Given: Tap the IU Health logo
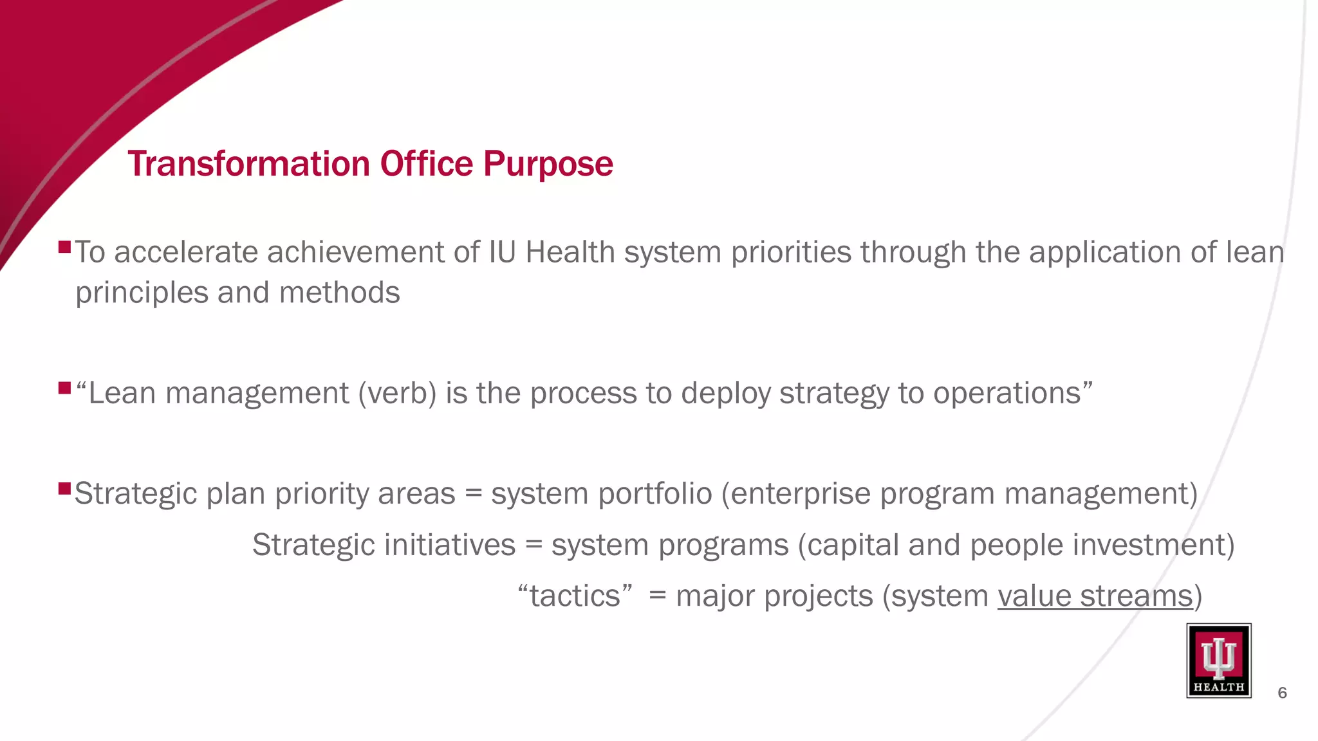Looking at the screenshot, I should [1218, 660].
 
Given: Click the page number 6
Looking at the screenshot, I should [1282, 693].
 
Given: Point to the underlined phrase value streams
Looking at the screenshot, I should [1095, 596].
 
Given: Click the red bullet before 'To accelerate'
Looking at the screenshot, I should [64, 246].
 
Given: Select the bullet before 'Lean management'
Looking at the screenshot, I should [64, 388].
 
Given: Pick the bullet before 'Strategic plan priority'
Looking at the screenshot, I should [64, 488].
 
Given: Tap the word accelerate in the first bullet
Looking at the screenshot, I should [186, 252].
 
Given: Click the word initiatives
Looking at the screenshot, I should [450, 545].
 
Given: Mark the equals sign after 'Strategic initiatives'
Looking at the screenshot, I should [534, 545].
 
